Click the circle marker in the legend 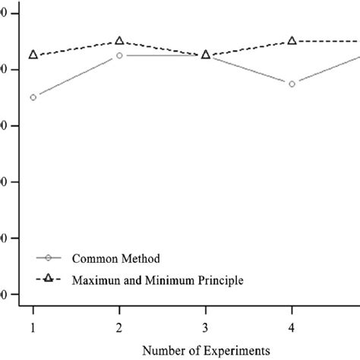click(47, 258)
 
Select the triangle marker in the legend click(47, 279)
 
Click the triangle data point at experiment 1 click(33, 55)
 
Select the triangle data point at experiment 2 click(119, 40)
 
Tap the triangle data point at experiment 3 click(205, 55)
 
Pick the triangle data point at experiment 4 click(292, 40)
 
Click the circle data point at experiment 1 click(33, 97)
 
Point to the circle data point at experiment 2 click(119, 55)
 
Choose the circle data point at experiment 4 click(292, 84)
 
